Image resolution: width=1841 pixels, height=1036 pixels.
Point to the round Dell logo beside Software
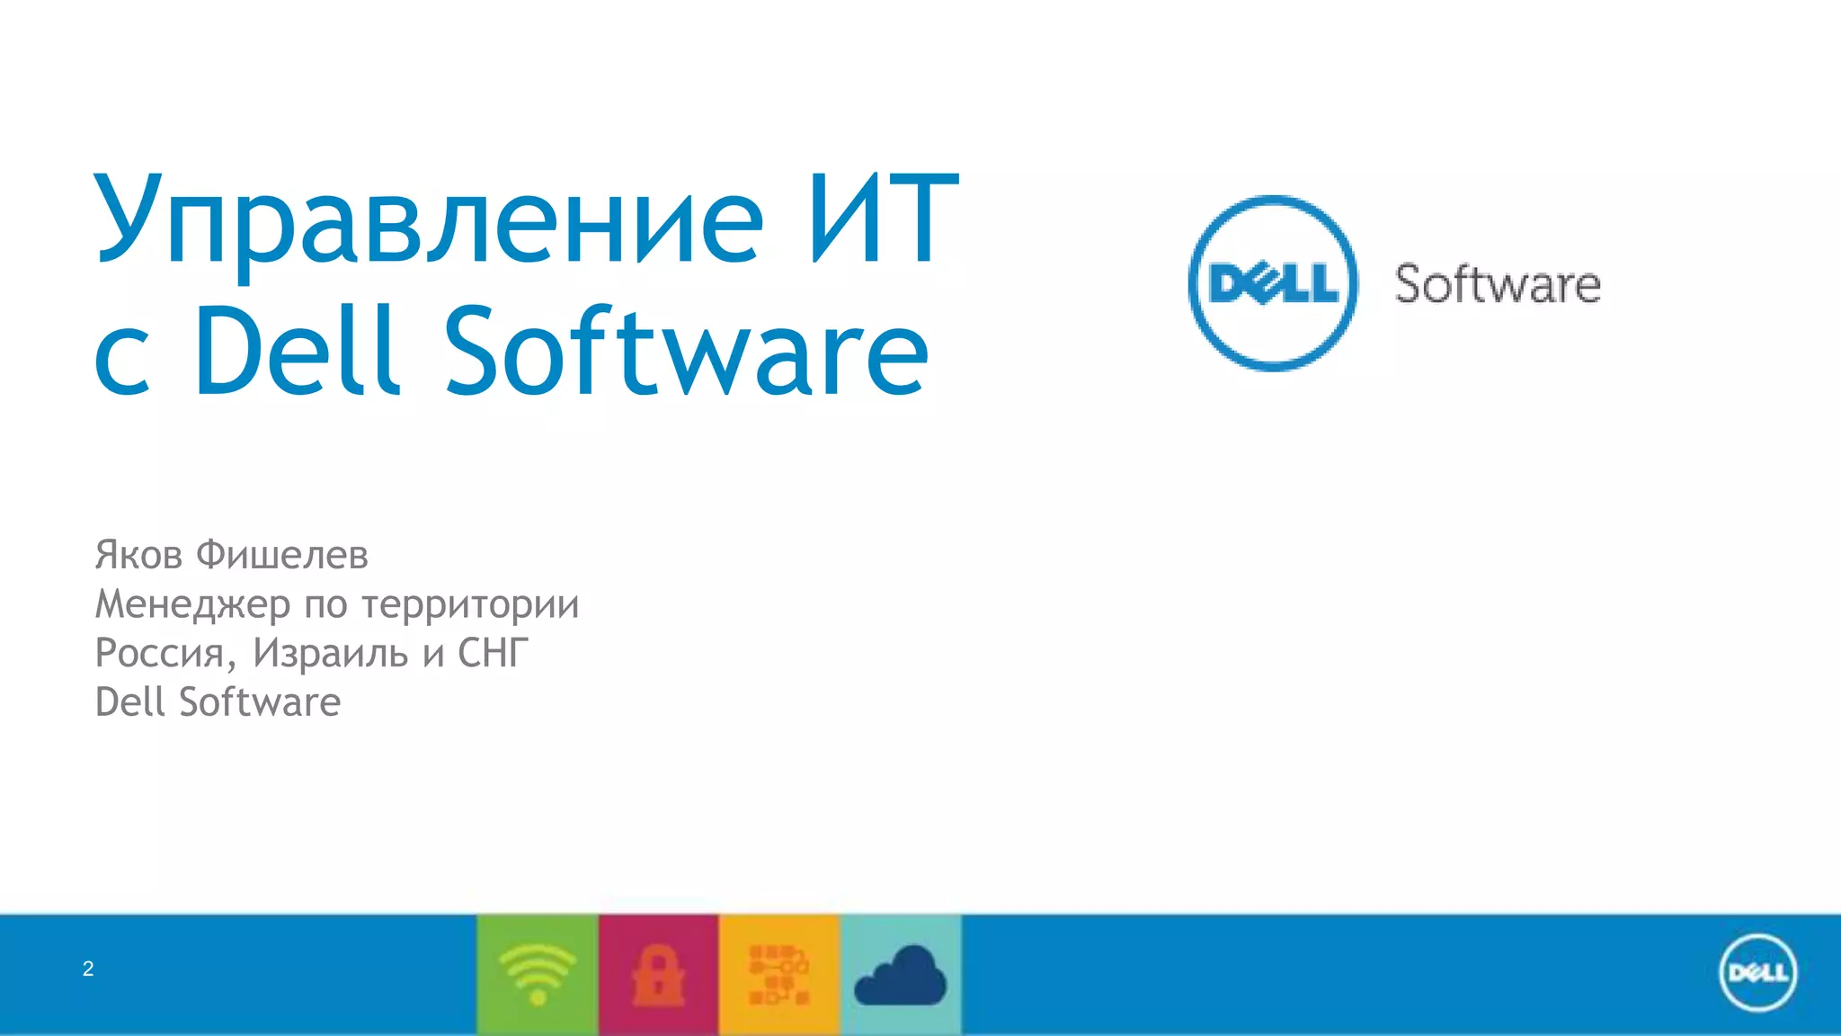coord(1273,283)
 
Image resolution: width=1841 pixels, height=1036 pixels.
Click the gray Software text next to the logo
coord(1498,285)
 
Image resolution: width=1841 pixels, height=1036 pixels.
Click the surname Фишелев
coord(282,555)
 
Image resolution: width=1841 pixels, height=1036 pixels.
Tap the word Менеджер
coord(193,604)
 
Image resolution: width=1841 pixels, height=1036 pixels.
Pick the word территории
coord(470,604)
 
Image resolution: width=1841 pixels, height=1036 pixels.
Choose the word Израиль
coord(330,653)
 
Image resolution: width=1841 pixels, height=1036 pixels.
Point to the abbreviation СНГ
coord(493,653)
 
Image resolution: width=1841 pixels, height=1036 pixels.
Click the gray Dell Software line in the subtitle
coord(218,702)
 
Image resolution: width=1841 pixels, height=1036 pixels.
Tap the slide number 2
coord(88,969)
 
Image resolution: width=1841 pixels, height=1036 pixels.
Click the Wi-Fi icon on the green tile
coord(538,974)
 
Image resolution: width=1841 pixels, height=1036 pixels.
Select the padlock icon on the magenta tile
coord(658,974)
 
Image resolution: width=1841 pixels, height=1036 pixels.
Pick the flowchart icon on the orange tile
coord(778,974)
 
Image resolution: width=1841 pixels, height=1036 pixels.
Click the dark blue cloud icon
coord(900,976)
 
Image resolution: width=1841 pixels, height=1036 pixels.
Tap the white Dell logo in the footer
coord(1757,973)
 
